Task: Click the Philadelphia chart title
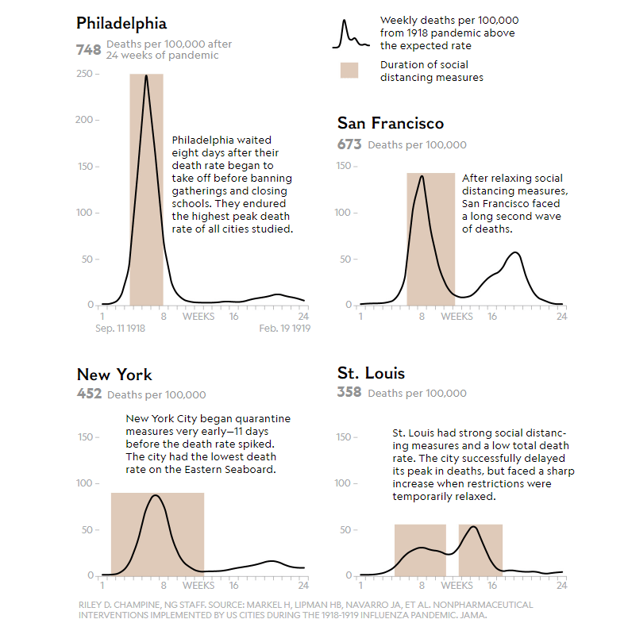pyautogui.click(x=121, y=23)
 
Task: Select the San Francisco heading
pyautogui.click(x=390, y=123)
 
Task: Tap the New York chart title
pyautogui.click(x=114, y=375)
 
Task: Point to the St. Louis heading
pyautogui.click(x=371, y=373)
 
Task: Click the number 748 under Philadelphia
pyautogui.click(x=88, y=50)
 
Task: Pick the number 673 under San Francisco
pyautogui.click(x=349, y=144)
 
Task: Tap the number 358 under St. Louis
pyautogui.click(x=349, y=392)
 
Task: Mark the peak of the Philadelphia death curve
pyautogui.click(x=146, y=76)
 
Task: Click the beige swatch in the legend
pyautogui.click(x=349, y=71)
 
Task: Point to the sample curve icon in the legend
pyautogui.click(x=349, y=33)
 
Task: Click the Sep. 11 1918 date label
pyautogui.click(x=120, y=328)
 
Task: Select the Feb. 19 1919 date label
pyautogui.click(x=284, y=328)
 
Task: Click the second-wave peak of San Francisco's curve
pyautogui.click(x=515, y=253)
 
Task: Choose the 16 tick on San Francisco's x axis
pyautogui.click(x=491, y=317)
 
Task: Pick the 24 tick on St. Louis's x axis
pyautogui.click(x=561, y=586)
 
